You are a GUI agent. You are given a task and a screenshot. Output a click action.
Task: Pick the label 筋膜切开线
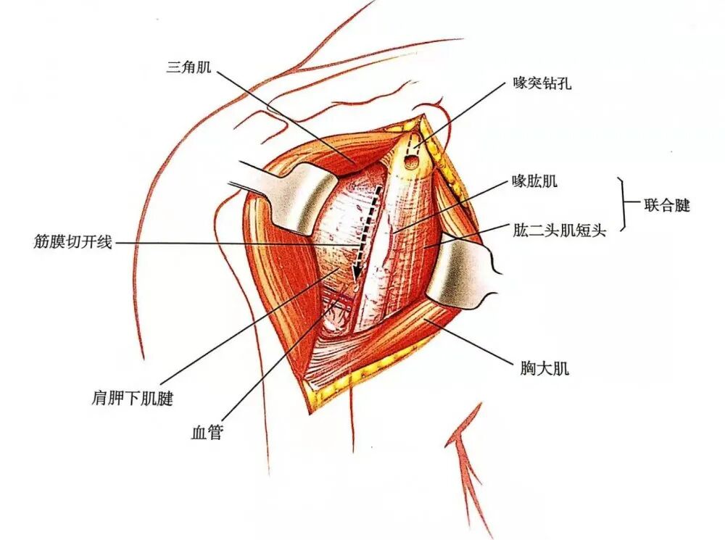72,241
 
